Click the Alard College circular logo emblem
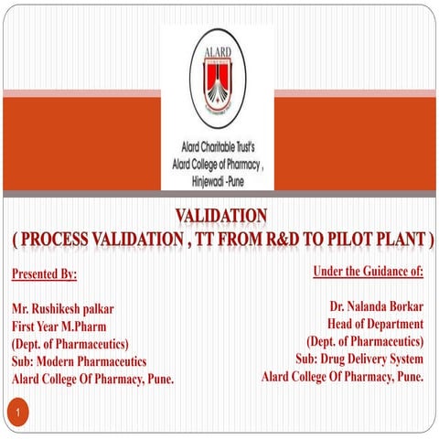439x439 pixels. pos(218,80)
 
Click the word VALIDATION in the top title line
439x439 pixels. pos(220,215)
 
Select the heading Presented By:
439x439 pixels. pos(45,273)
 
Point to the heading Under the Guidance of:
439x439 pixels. pos(368,271)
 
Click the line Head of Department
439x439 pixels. pos(375,324)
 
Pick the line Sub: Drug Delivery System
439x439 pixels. pos(359,359)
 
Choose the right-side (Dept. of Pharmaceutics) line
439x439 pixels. pos(365,341)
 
